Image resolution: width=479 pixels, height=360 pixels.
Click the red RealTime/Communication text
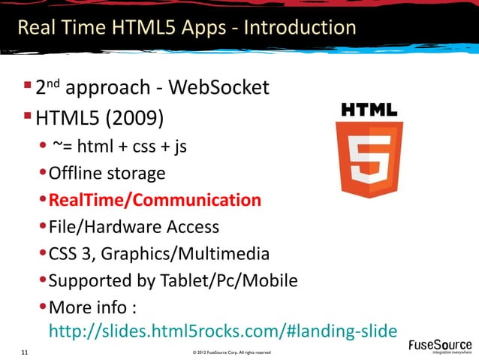tap(155, 201)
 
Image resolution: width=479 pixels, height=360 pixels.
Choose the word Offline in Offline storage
tap(74, 174)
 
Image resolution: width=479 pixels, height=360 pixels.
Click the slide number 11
tap(26, 352)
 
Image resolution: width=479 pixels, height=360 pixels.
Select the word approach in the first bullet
tap(107, 89)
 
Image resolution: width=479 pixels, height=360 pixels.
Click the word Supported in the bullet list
tap(90, 281)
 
